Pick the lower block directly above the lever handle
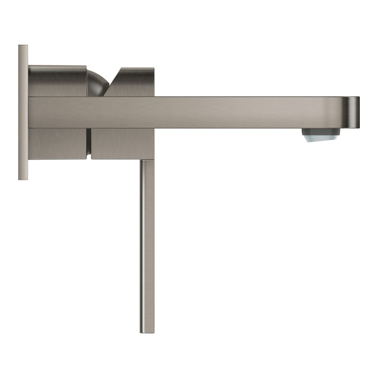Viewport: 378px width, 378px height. click(122, 143)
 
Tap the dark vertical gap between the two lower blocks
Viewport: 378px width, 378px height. click(90, 143)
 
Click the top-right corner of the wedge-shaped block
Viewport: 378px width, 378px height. click(153, 69)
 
